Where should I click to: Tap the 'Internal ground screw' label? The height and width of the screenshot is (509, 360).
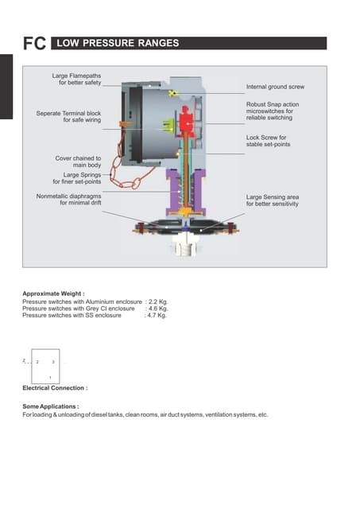pos(275,87)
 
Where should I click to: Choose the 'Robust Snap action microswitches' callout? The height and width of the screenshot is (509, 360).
pos(273,111)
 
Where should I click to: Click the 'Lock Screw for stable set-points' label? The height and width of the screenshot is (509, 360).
pos(272,141)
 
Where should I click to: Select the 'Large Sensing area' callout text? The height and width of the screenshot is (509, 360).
pos(273,200)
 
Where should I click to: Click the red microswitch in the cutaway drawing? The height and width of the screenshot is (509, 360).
pos(187,123)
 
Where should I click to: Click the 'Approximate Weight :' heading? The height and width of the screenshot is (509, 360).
pos(53,294)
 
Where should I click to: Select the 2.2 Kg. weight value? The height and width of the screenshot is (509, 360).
pos(157,302)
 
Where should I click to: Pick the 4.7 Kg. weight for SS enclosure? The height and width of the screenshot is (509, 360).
pos(156,315)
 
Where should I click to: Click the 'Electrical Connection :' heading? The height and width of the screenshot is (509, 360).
pos(55,388)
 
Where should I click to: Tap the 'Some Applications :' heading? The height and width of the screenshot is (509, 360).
pos(51,406)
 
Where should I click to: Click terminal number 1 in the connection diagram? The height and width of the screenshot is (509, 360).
pos(50,376)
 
